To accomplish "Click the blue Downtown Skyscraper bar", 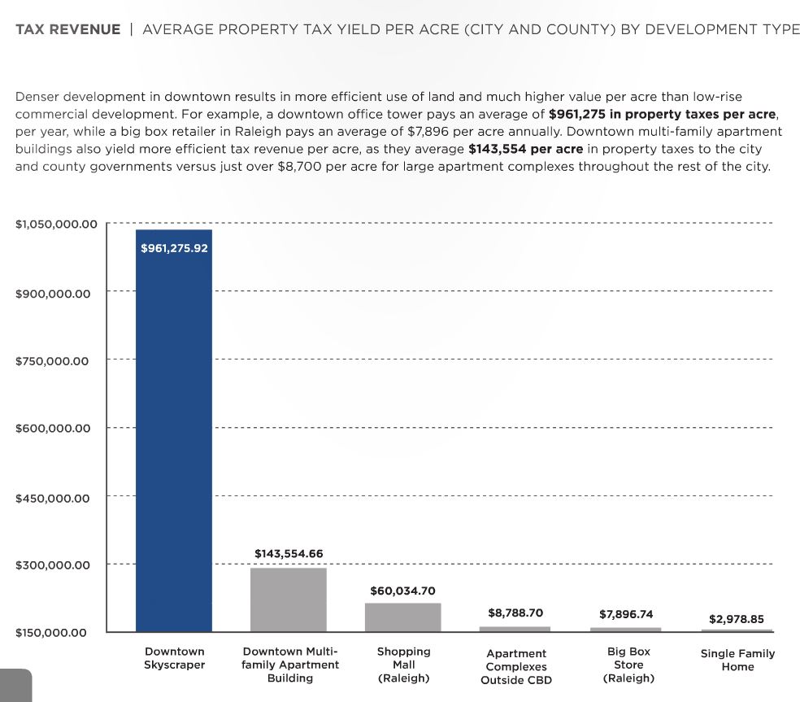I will (173, 431).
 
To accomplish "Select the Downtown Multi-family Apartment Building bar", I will (288, 600).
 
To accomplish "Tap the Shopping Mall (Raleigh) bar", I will (402, 617).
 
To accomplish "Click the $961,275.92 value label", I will (174, 248).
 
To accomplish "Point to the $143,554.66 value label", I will (289, 553).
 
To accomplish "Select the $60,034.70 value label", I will (402, 591).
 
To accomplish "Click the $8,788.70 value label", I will (515, 613).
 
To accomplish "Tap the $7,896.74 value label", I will (626, 614).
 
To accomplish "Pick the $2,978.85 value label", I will (737, 619).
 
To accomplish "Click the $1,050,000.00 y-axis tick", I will (56, 224).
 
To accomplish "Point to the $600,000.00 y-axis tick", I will (53, 429).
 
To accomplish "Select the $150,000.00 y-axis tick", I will (53, 633).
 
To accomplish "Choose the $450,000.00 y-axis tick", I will (53, 498).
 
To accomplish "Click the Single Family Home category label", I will (737, 660).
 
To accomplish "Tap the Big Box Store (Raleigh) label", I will (628, 665).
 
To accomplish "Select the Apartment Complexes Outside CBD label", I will (515, 666).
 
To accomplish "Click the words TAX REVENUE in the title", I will (67, 30).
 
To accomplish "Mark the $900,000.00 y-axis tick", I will (53, 293).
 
